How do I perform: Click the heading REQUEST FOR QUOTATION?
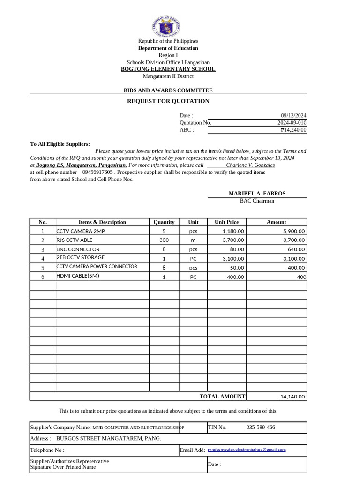[x=168, y=101]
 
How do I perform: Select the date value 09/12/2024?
[x=293, y=116]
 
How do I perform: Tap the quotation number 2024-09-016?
[x=292, y=123]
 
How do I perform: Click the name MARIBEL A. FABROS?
[x=257, y=194]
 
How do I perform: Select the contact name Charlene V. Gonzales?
[x=250, y=165]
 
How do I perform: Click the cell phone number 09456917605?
[x=97, y=172]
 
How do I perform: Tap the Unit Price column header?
[x=226, y=222]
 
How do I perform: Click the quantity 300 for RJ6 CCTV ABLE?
[x=164, y=240]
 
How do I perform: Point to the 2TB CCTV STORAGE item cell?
[x=81, y=258]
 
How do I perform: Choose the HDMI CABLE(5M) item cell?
[x=78, y=276]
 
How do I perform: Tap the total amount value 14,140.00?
[x=292, y=397]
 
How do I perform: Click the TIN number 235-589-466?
[x=261, y=427]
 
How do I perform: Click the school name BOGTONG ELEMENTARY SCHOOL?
[x=168, y=69]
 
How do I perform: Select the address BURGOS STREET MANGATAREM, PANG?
[x=108, y=439]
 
